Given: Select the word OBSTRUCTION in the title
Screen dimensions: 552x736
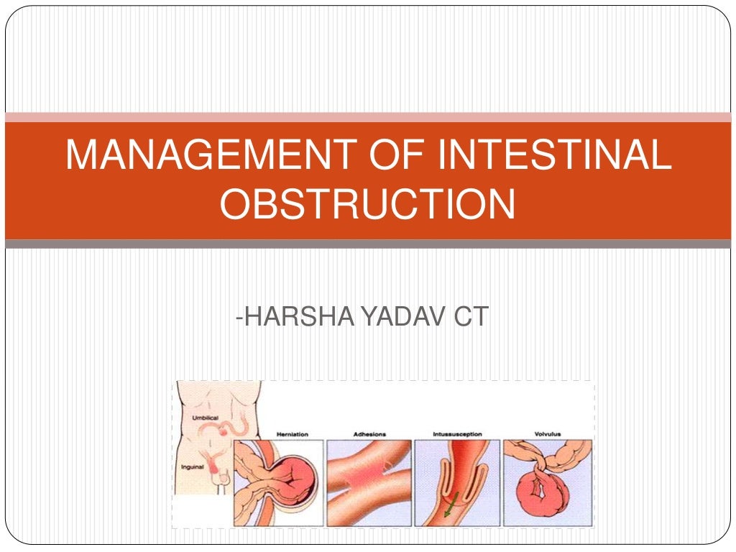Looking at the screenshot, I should click(x=367, y=204).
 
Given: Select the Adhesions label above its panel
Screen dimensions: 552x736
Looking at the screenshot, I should click(x=369, y=434).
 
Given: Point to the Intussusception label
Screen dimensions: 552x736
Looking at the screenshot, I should click(x=458, y=434).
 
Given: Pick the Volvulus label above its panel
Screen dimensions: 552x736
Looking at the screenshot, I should click(x=547, y=434).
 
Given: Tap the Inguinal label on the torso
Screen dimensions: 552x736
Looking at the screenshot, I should click(x=193, y=467).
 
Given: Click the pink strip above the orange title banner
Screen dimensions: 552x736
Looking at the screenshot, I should click(x=368, y=117).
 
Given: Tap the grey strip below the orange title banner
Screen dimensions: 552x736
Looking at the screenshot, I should click(x=368, y=244).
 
